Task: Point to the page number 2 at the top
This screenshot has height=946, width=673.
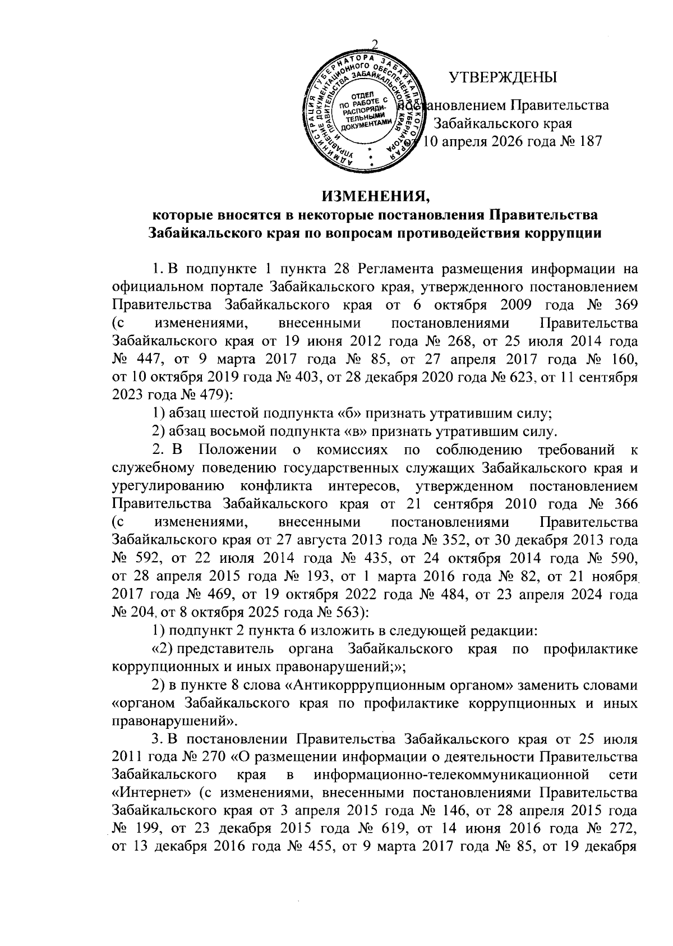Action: coord(375,46)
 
